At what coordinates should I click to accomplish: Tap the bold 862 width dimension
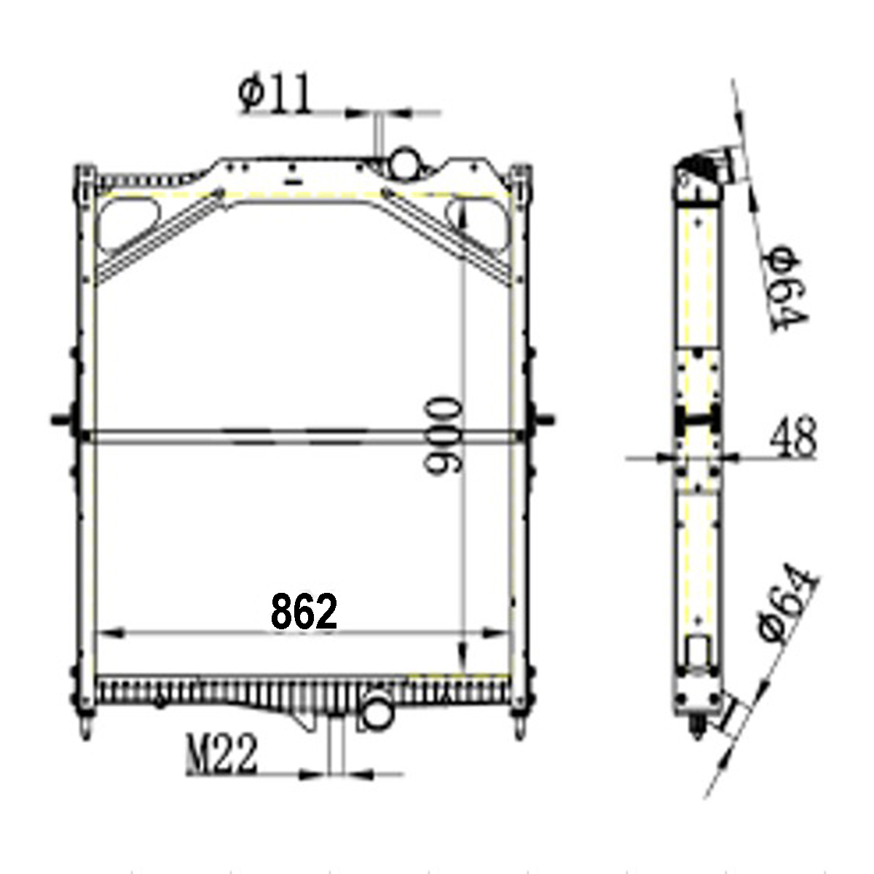(304, 611)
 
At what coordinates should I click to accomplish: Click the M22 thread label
(222, 755)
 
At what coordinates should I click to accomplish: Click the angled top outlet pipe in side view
(721, 164)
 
